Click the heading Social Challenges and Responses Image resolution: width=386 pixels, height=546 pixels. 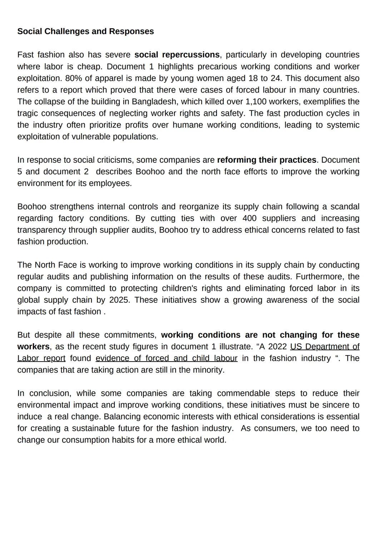coord(85,31)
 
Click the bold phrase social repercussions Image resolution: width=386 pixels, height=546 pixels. coord(177,55)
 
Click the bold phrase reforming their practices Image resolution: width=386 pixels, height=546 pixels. coord(267,160)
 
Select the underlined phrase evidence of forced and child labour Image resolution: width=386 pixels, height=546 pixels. coord(167,358)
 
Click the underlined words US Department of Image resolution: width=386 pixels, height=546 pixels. coord(325,346)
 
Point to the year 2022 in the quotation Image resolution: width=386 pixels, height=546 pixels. coord(277,346)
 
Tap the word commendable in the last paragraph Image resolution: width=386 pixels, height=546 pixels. coord(243,393)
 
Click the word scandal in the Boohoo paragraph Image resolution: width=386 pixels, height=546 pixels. coord(345,207)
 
